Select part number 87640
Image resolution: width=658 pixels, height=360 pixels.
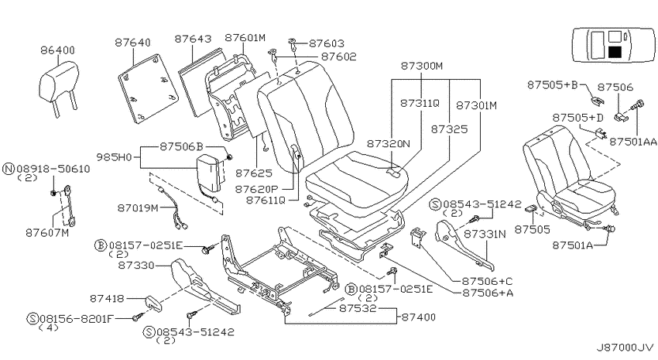[132, 43]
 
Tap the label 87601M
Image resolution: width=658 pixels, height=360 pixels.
[245, 38]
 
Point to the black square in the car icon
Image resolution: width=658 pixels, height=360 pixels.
[615, 52]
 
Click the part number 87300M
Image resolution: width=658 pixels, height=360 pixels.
[421, 66]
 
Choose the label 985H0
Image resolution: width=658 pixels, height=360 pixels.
[114, 157]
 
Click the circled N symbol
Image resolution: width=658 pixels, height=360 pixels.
[9, 169]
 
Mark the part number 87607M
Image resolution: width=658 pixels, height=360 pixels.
[47, 232]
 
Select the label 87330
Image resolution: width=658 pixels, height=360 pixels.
[136, 266]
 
